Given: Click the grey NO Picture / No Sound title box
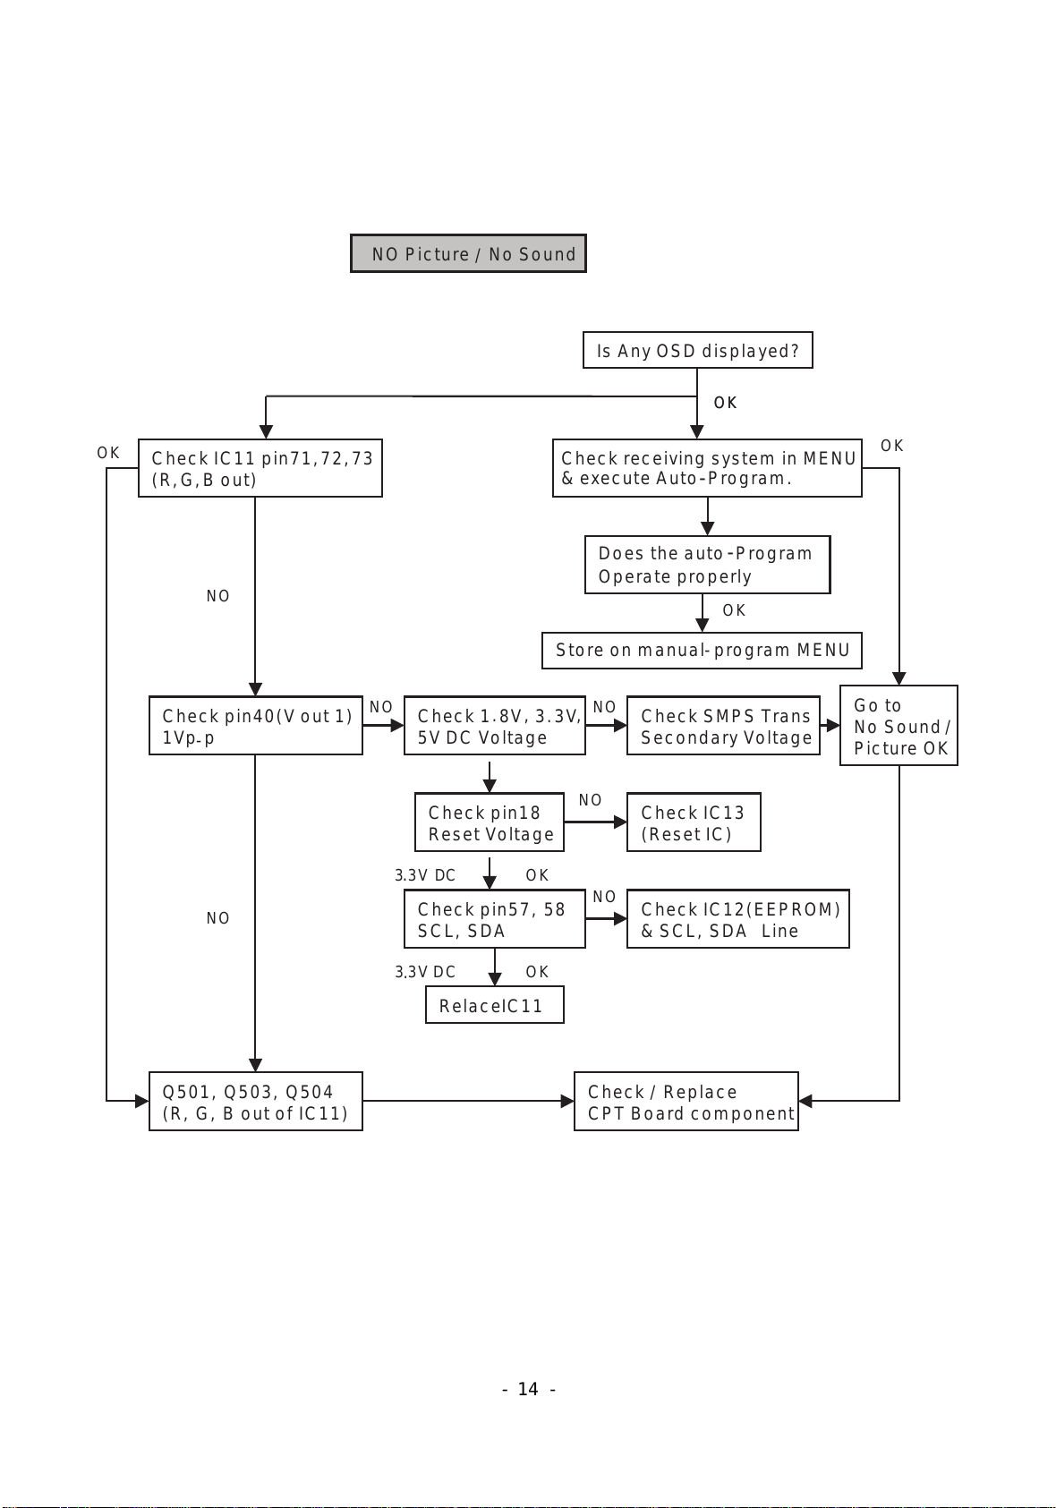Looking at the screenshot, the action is coord(468,253).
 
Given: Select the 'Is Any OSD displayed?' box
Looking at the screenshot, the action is coord(697,350).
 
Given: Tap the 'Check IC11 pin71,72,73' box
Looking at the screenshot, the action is coord(260,468).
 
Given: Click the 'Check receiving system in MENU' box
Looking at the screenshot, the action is coord(707,468).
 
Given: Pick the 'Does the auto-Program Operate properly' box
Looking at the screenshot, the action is coord(707,564).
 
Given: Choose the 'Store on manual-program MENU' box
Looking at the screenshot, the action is coord(702,651).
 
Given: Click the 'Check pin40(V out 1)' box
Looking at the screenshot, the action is coord(256,725).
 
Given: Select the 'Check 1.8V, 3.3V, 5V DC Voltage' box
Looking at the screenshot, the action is coord(495,725).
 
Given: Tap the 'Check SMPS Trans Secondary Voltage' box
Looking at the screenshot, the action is coord(723,725).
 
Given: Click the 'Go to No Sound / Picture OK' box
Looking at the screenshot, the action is coord(898,725).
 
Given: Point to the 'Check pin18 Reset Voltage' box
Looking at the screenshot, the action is coord(490,822).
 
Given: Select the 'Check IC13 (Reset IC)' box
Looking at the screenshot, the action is coord(694,822).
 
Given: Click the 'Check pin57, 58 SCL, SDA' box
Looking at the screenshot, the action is coord(495,919).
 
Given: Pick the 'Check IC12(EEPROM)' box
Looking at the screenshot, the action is coord(738,919).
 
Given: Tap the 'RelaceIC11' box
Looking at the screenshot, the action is coord(495,1005).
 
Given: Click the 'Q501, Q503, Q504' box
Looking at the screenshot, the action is coord(256,1102).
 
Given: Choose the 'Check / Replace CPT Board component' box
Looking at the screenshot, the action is coord(686,1102).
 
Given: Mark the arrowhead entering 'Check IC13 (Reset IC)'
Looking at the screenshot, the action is coord(620,822).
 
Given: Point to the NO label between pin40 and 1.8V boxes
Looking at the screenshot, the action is coord(381,707).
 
